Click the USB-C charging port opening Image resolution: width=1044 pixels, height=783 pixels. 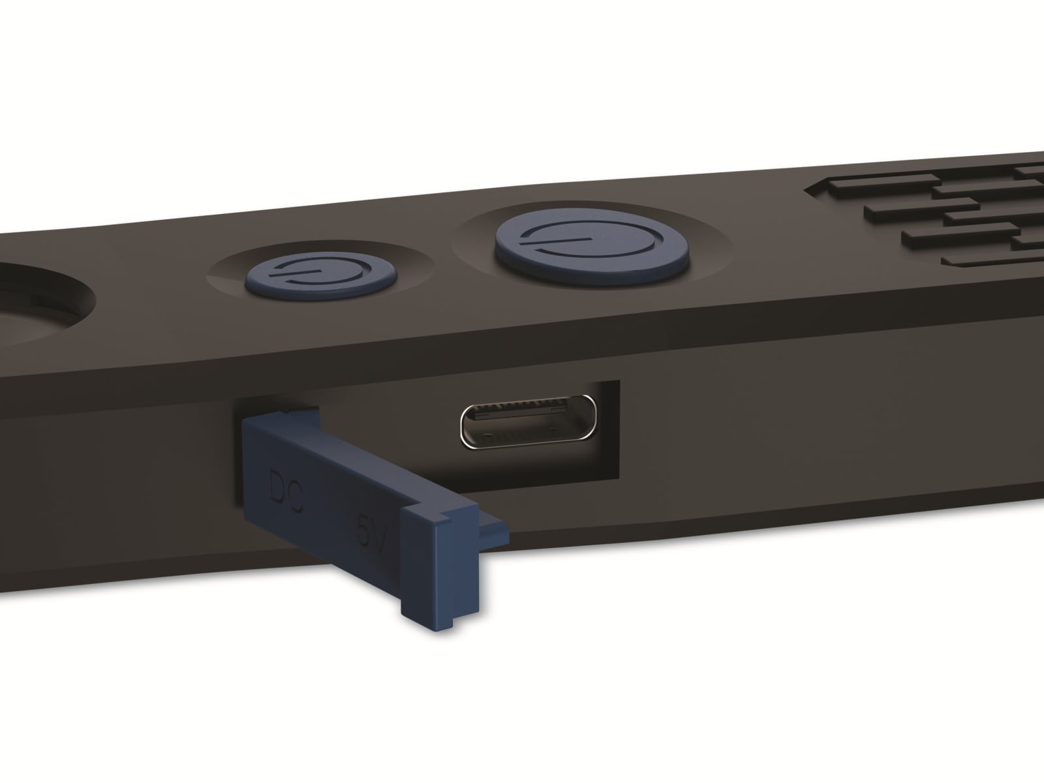pyautogui.click(x=528, y=422)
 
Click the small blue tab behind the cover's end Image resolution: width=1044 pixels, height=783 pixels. pyautogui.click(x=495, y=535)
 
